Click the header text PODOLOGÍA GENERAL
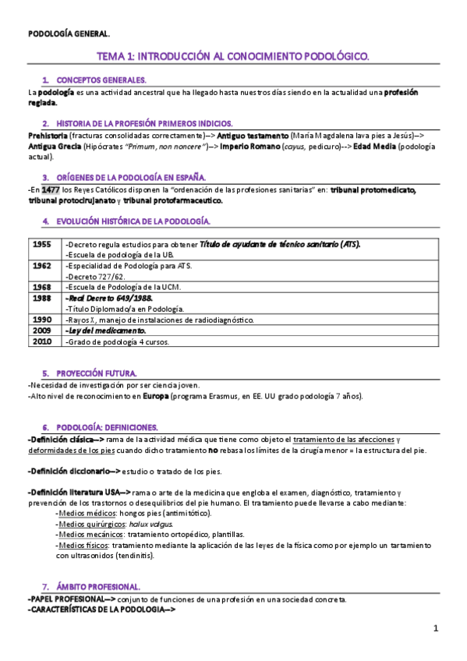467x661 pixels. (x=69, y=34)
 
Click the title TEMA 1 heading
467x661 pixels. (x=232, y=57)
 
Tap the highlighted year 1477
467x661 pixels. (x=51, y=189)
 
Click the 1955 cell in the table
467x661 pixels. (x=42, y=244)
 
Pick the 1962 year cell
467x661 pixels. (x=42, y=266)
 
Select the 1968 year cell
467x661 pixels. (x=42, y=287)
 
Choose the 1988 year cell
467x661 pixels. (x=42, y=298)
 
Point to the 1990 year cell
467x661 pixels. (x=42, y=320)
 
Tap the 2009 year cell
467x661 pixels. (x=42, y=330)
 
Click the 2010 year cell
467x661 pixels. (x=42, y=341)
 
